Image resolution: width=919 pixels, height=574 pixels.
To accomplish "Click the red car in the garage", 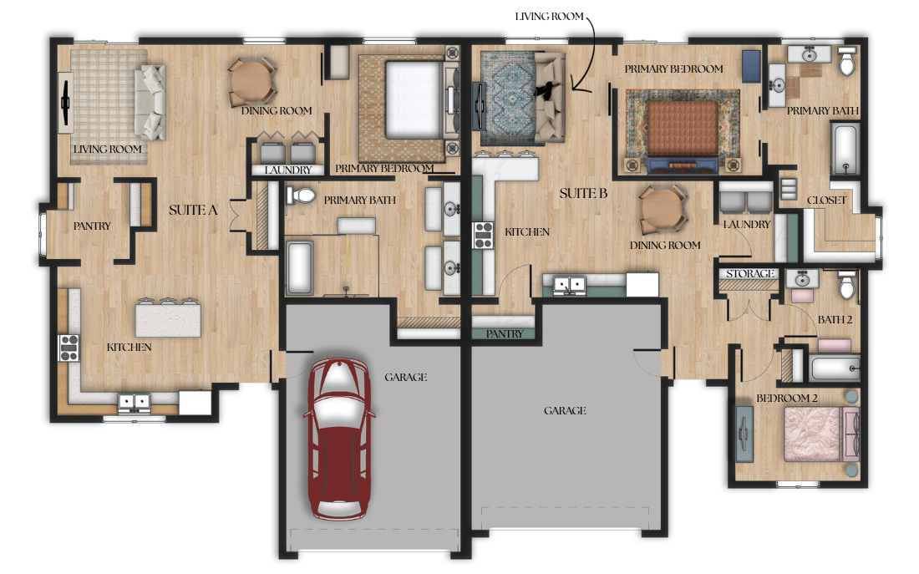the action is (x=339, y=439).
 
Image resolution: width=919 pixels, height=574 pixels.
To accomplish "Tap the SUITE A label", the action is (x=193, y=210).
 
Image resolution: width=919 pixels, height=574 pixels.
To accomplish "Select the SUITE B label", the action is (x=583, y=194).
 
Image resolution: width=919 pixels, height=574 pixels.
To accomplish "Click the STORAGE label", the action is (x=749, y=274).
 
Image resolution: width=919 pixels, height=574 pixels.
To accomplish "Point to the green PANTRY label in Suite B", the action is (x=504, y=333).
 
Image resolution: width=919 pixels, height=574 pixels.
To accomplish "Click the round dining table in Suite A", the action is (x=252, y=82).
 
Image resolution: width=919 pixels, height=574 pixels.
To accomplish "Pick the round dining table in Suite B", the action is (x=663, y=210).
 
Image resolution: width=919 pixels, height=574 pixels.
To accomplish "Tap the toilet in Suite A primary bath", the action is (x=302, y=196).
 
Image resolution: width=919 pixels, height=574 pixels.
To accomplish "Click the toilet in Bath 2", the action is (x=846, y=284).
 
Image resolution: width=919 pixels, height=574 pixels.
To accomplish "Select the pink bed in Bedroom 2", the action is (x=814, y=434).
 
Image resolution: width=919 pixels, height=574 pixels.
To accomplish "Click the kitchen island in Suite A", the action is (x=168, y=318).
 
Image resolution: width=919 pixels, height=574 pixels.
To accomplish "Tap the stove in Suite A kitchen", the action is (x=69, y=347).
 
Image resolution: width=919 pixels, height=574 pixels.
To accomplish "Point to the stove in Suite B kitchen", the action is (x=483, y=236).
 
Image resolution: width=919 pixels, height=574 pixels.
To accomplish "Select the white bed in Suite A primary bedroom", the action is (x=414, y=99).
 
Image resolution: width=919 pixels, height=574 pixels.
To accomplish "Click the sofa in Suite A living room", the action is (x=150, y=102).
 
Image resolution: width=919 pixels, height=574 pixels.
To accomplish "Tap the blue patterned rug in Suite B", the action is (x=509, y=98).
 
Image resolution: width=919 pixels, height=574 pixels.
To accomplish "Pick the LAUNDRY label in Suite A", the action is (x=287, y=170).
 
